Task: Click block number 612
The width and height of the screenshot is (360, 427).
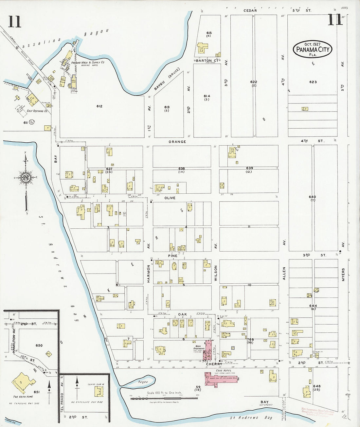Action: [x=99, y=106]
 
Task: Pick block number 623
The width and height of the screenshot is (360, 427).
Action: [x=313, y=82]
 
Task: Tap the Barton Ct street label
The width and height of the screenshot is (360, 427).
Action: [x=207, y=61]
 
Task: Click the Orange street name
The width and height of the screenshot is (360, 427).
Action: [x=177, y=142]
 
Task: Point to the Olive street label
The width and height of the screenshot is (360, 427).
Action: [x=170, y=198]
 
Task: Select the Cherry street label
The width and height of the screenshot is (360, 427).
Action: [x=214, y=364]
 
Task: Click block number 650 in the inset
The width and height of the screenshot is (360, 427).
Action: [x=39, y=346]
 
